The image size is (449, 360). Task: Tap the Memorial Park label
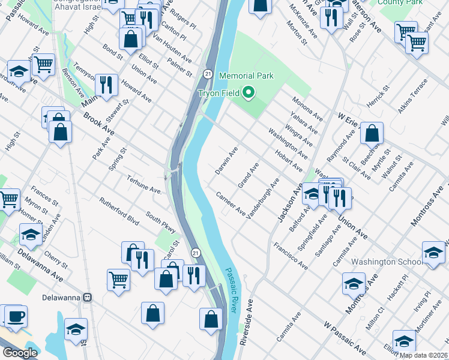point(246,76)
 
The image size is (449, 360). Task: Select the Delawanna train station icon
point(88,297)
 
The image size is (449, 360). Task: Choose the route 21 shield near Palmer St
point(206,73)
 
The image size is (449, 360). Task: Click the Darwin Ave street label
point(226,160)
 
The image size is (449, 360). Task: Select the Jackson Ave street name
point(288,205)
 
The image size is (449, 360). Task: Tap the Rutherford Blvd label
point(119,212)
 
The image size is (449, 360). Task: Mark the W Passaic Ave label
point(345,339)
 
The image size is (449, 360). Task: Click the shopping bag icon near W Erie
point(372,133)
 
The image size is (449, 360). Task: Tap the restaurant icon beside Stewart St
point(106,85)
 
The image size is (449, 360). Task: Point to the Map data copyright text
point(424,355)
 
